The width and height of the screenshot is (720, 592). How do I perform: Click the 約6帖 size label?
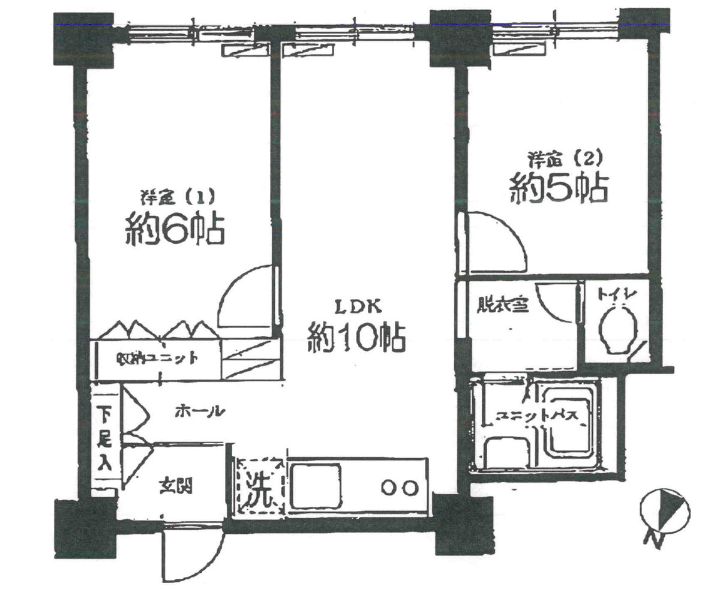pyautogui.click(x=175, y=229)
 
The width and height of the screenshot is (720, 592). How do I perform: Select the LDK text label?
pyautogui.click(x=358, y=308)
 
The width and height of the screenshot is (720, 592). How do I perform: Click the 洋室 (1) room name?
pyautogui.click(x=173, y=196)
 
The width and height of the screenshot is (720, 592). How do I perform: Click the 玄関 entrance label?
pyautogui.click(x=175, y=486)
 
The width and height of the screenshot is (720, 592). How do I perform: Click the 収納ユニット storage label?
pyautogui.click(x=157, y=359)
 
